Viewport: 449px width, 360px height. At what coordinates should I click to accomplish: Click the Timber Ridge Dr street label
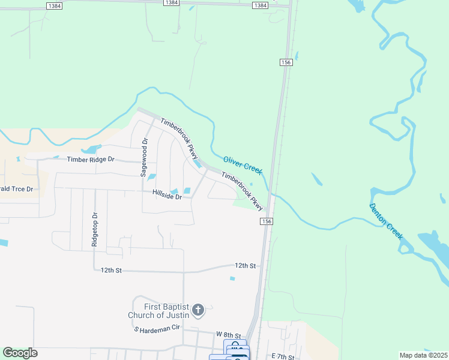click(x=91, y=159)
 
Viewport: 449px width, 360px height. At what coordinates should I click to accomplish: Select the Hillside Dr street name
click(x=167, y=195)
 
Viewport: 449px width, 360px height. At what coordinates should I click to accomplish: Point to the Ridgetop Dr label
click(x=94, y=229)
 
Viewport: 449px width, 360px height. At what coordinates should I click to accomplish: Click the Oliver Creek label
click(x=243, y=166)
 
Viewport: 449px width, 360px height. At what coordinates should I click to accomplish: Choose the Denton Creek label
click(x=385, y=221)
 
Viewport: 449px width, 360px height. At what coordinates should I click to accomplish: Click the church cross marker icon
click(x=198, y=311)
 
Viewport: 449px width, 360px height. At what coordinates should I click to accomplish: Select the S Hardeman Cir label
click(x=157, y=329)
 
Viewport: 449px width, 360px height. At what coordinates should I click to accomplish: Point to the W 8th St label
click(x=228, y=334)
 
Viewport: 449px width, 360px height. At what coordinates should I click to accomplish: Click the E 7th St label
click(x=283, y=356)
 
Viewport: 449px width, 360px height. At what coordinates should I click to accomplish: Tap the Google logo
click(x=20, y=353)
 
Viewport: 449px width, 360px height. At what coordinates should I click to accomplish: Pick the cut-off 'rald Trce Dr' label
click(x=16, y=188)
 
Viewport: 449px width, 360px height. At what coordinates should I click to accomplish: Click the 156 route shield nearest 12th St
click(x=267, y=221)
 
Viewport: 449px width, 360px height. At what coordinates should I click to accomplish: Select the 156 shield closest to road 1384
click(x=285, y=62)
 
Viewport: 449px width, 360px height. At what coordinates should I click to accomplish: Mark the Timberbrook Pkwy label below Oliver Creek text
click(x=243, y=191)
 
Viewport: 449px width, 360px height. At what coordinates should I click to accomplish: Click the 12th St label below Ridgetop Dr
click(x=112, y=271)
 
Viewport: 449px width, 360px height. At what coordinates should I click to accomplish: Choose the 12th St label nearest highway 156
click(x=245, y=265)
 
